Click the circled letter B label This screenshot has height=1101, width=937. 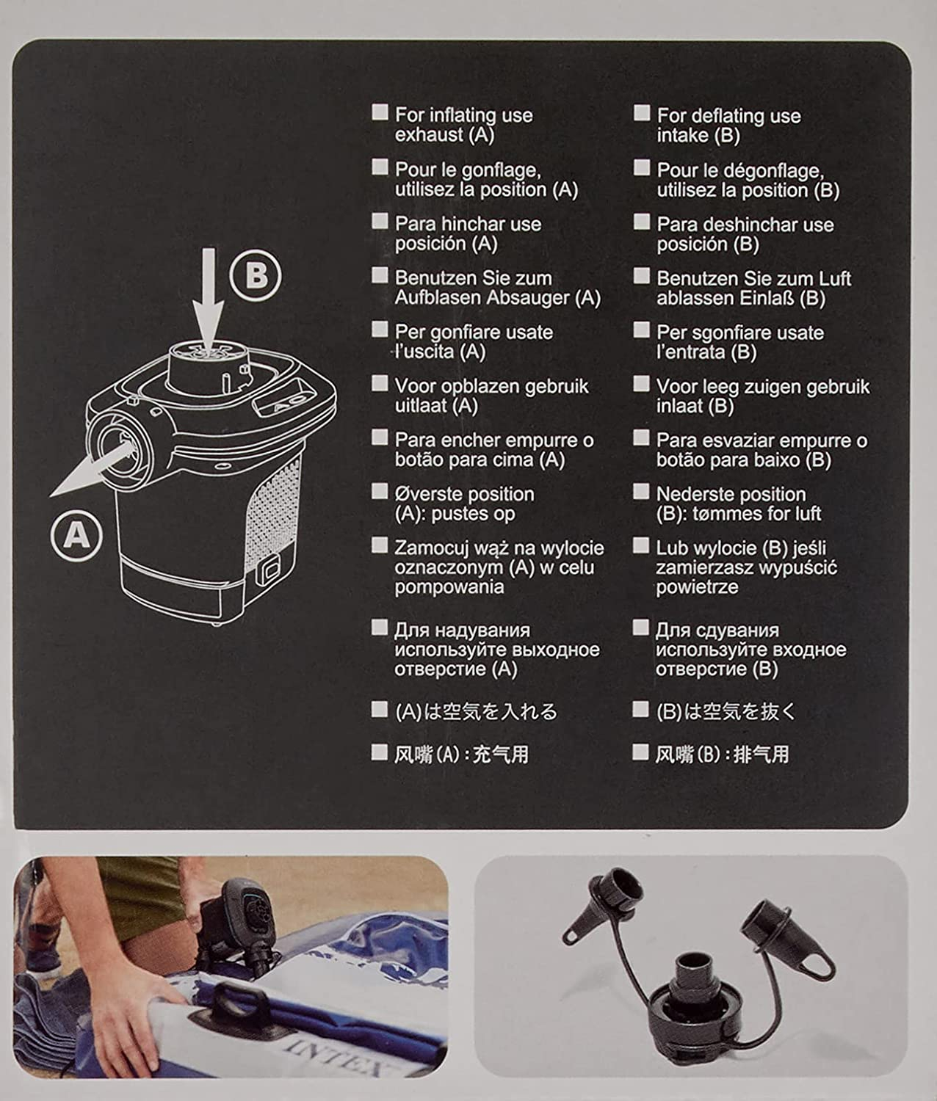tap(256, 276)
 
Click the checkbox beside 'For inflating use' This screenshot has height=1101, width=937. tap(380, 112)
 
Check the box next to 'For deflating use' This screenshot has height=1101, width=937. tap(641, 113)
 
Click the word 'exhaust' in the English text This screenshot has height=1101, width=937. tap(429, 135)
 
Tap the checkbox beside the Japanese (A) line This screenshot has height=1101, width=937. tap(379, 709)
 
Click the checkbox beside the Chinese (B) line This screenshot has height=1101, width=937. tap(640, 752)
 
